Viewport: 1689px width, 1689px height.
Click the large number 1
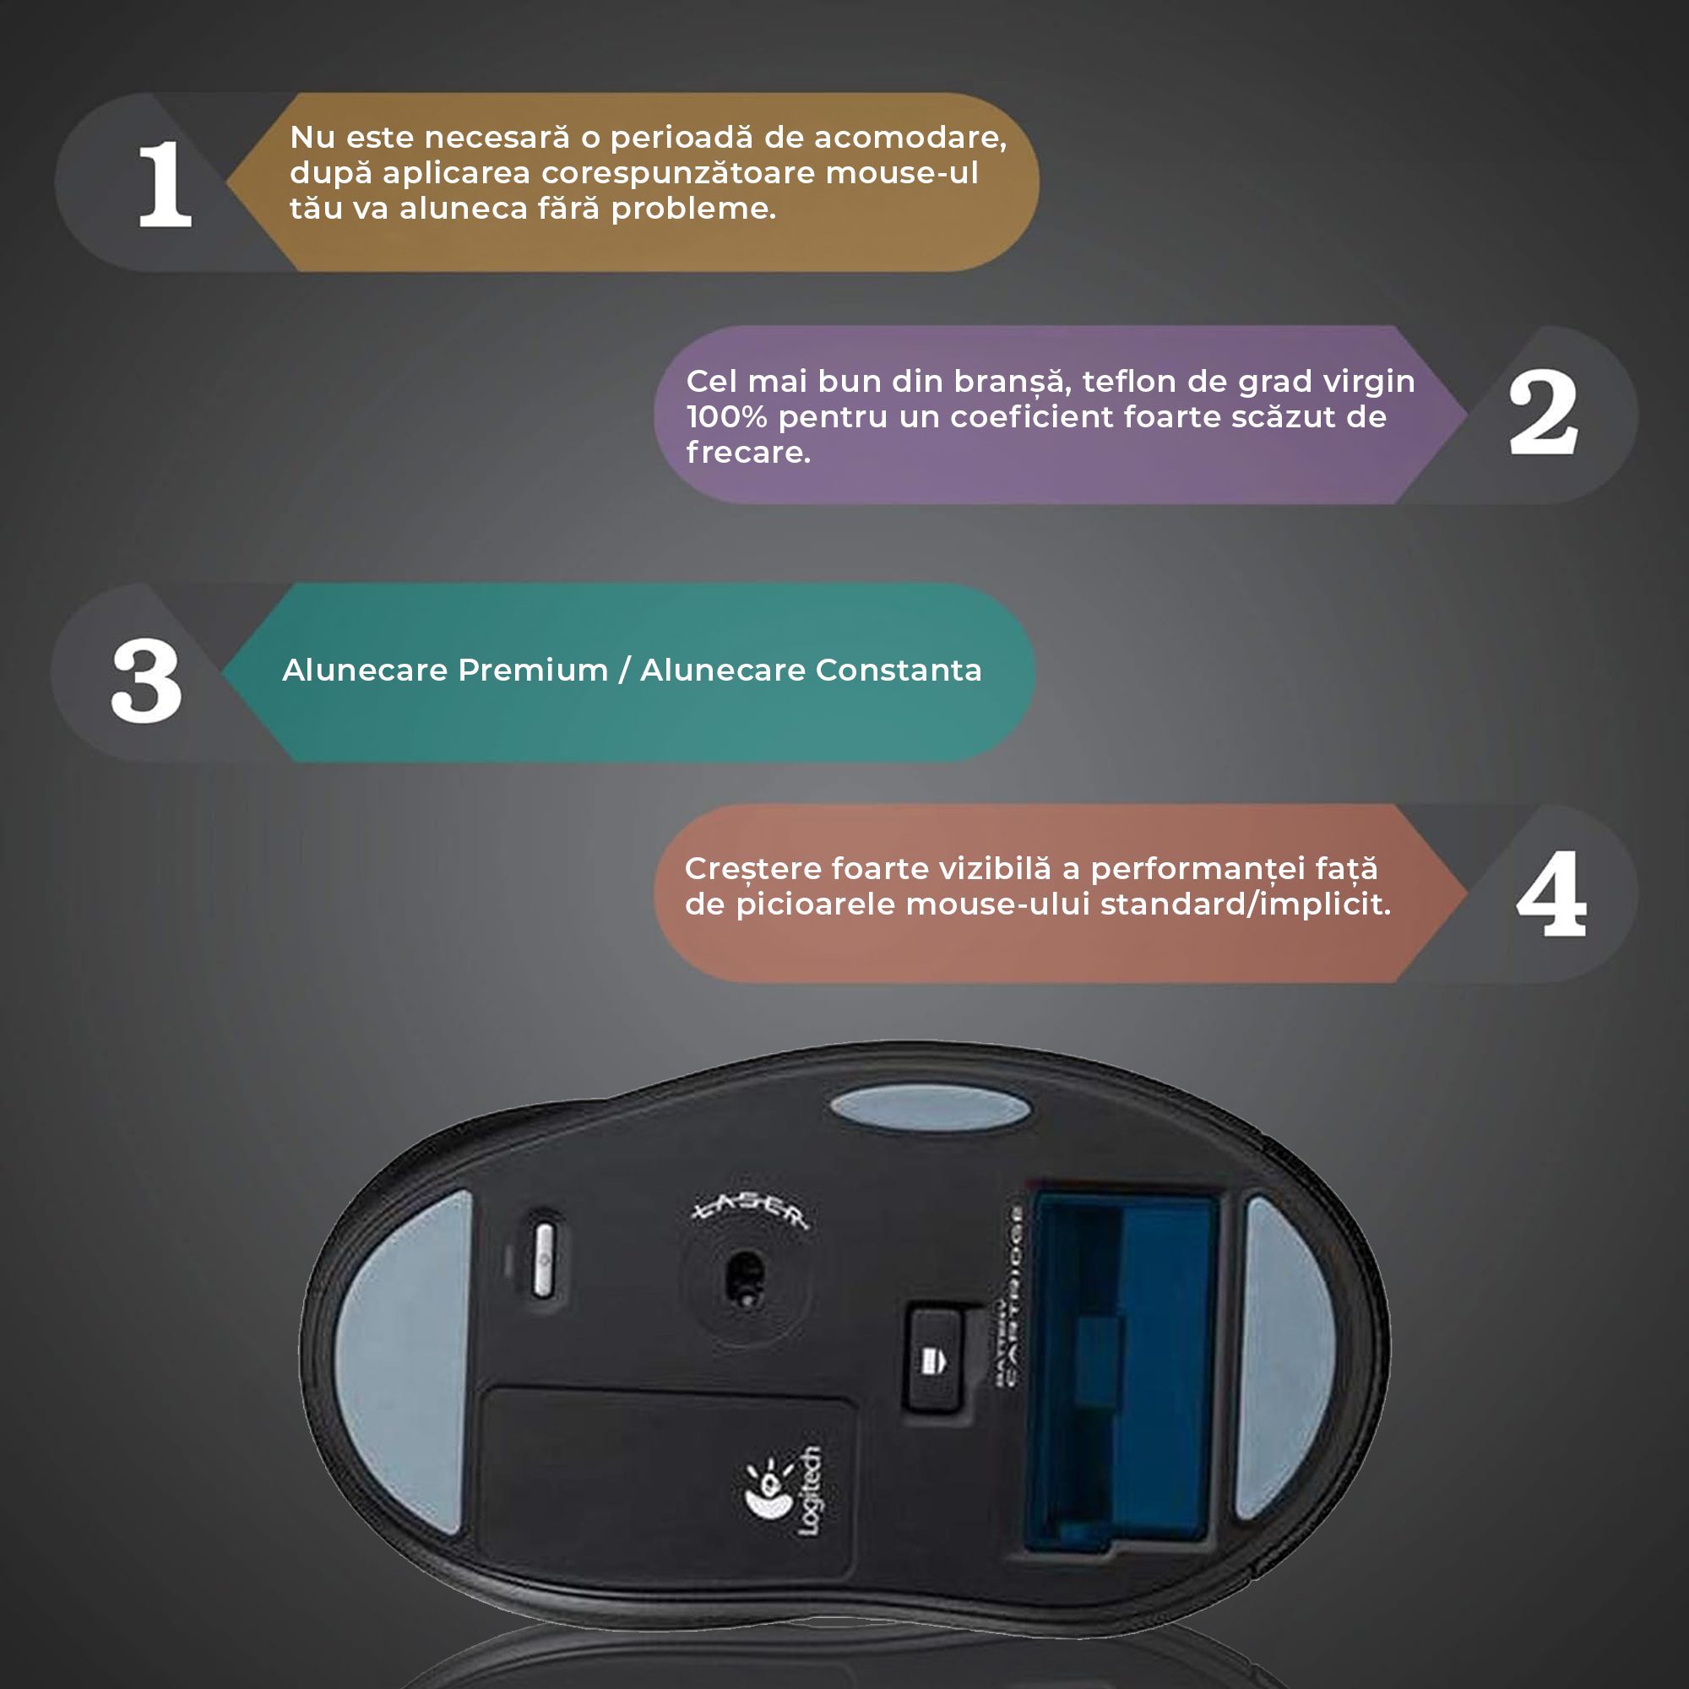coord(165,184)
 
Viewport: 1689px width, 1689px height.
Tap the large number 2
coord(1543,412)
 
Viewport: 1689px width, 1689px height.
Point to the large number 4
coord(1551,893)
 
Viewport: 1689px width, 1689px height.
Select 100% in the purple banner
coord(726,417)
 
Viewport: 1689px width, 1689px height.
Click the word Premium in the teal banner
coord(532,670)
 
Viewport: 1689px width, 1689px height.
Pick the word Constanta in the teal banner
coord(898,670)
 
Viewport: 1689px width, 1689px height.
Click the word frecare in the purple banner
coord(747,453)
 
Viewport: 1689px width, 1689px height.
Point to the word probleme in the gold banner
coord(692,209)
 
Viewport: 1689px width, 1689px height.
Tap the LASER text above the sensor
coord(750,1211)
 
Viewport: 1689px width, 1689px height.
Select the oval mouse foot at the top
coord(930,1108)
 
